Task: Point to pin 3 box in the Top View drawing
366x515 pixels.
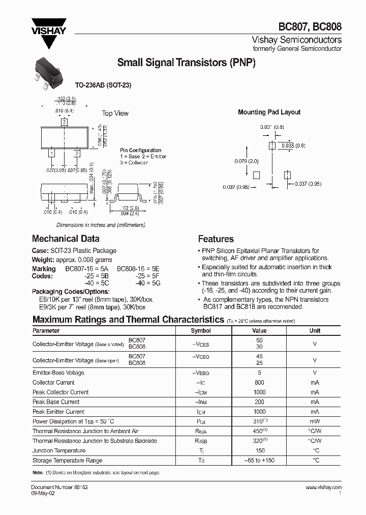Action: [x=64, y=123]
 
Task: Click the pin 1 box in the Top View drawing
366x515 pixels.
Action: [x=51, y=152]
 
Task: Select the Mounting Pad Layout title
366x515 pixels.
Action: [x=269, y=112]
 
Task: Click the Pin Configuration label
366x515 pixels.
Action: [x=141, y=150]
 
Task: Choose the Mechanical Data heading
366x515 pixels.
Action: [x=66, y=239]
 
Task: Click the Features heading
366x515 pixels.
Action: [x=216, y=239]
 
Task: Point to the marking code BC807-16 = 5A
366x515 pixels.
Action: [x=84, y=269]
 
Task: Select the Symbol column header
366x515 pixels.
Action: [x=200, y=330]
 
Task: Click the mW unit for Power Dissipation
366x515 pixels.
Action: [x=315, y=421]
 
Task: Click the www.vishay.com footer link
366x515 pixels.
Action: [x=324, y=487]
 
